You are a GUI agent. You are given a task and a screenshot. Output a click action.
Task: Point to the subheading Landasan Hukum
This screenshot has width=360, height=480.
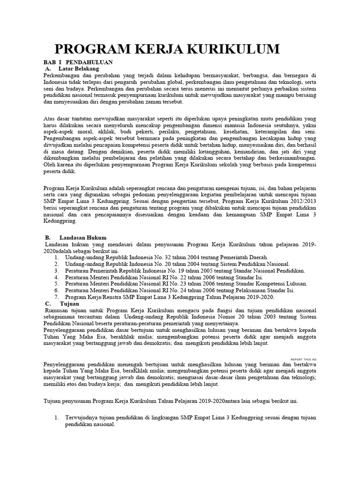[83, 238]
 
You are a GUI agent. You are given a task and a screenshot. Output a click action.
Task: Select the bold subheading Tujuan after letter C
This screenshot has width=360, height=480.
[69, 303]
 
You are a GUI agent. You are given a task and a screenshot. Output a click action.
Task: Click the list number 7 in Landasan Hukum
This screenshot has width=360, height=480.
[56, 297]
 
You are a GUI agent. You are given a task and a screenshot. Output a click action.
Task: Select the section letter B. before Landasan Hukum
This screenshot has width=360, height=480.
[48, 238]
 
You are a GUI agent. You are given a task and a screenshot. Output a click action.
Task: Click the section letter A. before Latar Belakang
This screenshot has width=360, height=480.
[47, 68]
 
